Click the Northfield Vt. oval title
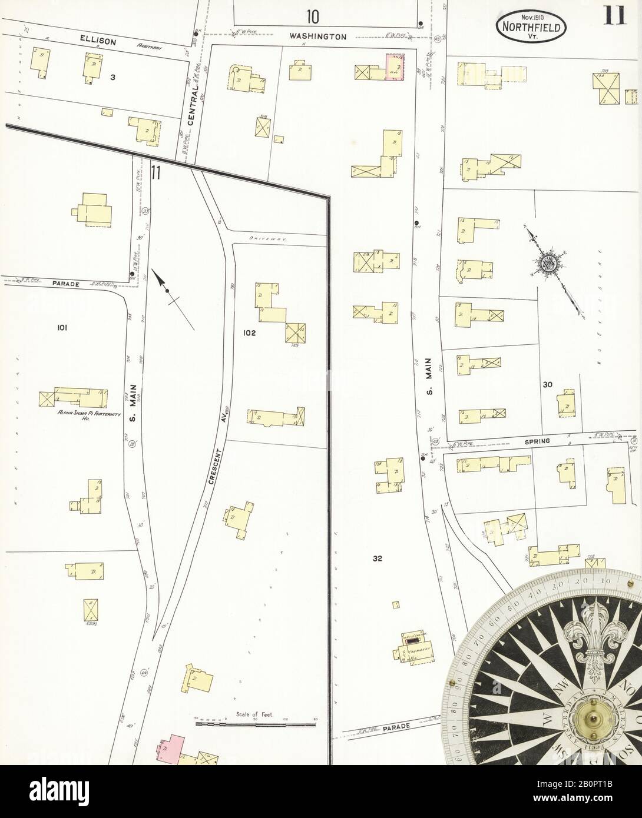tap(532, 26)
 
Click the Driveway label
tap(263, 238)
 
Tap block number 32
tap(378, 559)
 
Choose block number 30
tap(547, 385)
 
